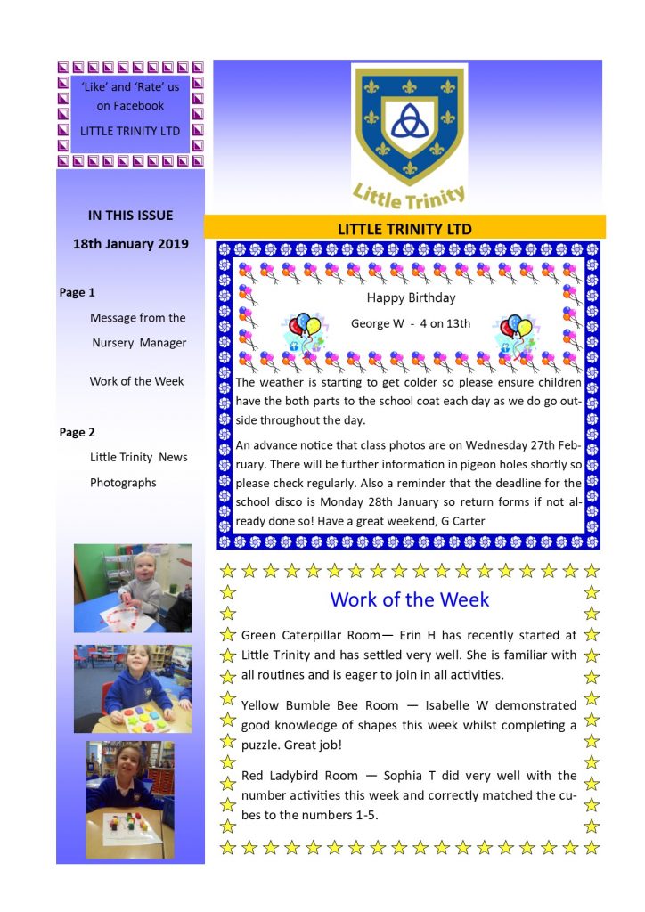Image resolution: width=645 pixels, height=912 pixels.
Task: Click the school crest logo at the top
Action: pos(409,134)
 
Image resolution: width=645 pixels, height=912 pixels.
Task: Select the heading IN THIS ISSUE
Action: pos(131,215)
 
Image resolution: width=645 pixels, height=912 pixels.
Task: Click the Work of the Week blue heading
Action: pos(409,599)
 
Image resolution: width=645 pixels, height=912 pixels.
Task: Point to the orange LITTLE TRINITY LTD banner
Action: pos(404,228)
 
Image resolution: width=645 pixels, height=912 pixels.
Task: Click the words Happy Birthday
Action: pos(411,298)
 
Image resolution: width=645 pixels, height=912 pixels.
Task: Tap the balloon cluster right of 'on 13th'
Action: pos(516,330)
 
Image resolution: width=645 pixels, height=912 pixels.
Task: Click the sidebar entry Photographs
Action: pos(123,482)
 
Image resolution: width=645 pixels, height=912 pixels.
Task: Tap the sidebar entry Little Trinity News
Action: pos(139,457)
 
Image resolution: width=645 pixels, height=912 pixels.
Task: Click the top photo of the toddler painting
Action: pos(132,588)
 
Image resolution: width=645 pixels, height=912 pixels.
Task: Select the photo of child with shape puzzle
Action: pos(132,688)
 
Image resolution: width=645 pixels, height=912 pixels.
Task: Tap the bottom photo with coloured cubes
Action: pos(130,799)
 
